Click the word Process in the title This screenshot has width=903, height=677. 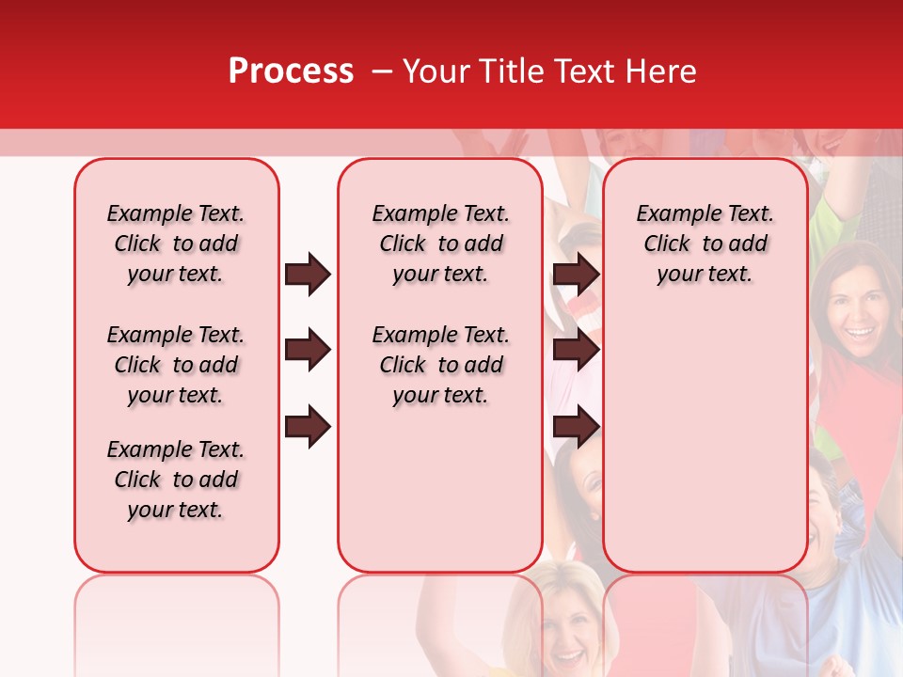(x=291, y=71)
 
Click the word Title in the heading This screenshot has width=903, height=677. (x=505, y=71)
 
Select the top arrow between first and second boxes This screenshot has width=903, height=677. (x=308, y=275)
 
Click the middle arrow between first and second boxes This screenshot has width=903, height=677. (x=308, y=351)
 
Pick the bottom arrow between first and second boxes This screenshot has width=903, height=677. (x=308, y=427)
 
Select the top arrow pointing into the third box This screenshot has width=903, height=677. (x=576, y=275)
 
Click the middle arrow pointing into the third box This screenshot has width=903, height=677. (x=576, y=351)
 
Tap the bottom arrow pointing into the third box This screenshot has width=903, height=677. (x=576, y=427)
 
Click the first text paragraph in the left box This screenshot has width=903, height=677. (x=176, y=244)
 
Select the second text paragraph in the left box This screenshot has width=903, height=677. (x=176, y=365)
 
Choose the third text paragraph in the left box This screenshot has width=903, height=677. (x=176, y=480)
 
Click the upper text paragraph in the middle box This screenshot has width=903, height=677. (x=440, y=244)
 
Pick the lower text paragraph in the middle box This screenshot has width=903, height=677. (x=440, y=365)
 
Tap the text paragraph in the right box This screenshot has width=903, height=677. (x=705, y=244)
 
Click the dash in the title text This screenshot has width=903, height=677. (x=382, y=71)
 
